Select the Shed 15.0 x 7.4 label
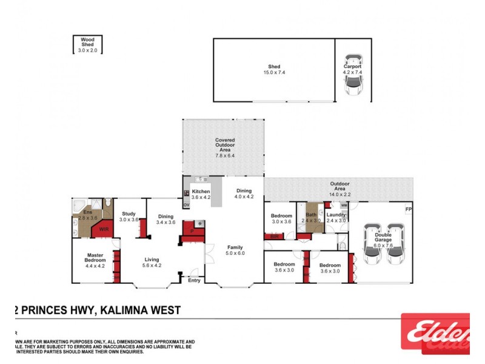point(274,70)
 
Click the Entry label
point(195,280)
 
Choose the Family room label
point(235,251)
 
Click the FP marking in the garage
point(408,211)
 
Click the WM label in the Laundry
point(343,205)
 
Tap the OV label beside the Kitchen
point(186,205)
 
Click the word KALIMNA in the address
point(125,310)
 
